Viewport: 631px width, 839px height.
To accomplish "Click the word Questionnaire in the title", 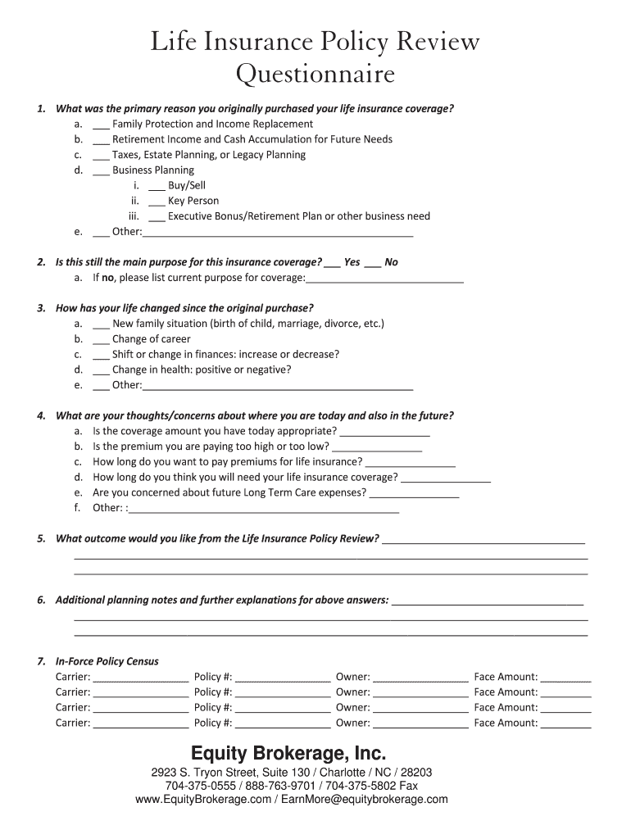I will click(315, 75).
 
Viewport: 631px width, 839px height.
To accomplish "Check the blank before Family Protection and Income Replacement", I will click(101, 125).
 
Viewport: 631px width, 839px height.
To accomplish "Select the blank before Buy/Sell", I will click(157, 187).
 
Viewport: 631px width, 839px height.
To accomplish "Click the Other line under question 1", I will click(277, 234).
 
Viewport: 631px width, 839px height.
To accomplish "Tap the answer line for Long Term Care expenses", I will click(414, 495).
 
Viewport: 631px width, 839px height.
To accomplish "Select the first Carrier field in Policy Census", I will click(141, 678).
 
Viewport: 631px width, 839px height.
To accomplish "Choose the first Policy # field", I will click(283, 678).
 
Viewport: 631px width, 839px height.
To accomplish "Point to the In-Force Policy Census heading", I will click(107, 661).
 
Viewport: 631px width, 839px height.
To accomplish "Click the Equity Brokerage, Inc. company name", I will click(288, 753).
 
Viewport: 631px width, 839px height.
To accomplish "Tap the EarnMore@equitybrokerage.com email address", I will click(364, 799).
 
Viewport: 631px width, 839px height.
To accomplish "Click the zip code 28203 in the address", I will click(416, 773).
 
